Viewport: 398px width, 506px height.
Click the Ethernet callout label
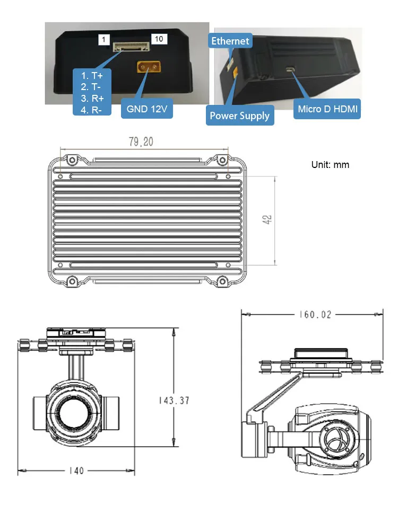230,41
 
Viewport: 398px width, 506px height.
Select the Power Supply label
239,115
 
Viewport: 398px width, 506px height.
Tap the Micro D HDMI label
327,109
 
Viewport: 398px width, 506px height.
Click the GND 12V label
147,109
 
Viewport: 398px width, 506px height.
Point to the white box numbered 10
159,39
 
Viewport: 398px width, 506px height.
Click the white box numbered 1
104,40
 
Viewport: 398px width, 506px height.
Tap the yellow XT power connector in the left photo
149,67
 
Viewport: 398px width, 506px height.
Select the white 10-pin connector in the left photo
131,47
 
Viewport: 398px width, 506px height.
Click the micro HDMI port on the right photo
291,69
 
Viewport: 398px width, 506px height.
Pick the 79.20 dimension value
141,141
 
